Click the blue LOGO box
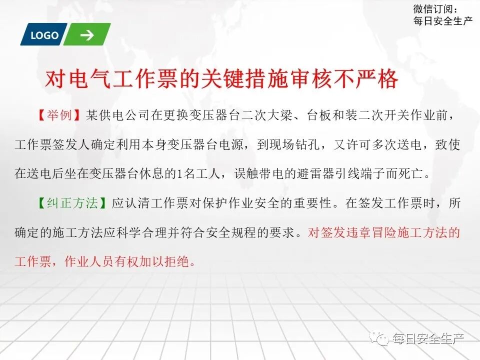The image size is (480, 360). (x=44, y=35)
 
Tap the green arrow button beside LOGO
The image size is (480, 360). (x=86, y=35)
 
